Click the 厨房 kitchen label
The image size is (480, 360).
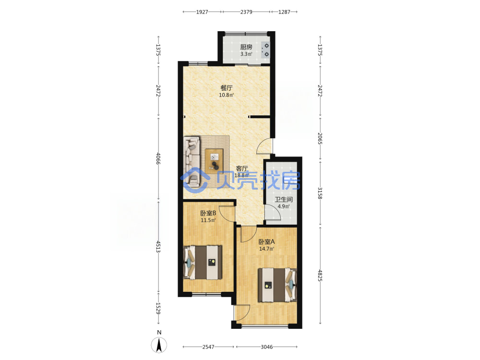pos(246,47)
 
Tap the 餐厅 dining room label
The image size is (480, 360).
pos(227,88)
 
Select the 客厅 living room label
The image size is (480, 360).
pos(242,168)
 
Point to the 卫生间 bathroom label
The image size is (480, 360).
pos(284,200)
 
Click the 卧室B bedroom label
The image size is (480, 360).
pos(208,213)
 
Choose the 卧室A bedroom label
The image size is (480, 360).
pos(266,241)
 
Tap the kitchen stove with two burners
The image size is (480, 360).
pos(265,50)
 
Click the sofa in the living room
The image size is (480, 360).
pos(192,162)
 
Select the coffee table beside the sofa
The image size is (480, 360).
pos(214,159)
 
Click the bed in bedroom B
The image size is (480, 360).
pos(203,263)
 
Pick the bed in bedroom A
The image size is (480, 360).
pos(277,285)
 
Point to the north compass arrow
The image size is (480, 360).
pos(159,345)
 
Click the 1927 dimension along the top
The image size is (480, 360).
pos(202,12)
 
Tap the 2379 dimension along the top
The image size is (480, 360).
pos(246,12)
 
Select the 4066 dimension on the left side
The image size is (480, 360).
pos(158,158)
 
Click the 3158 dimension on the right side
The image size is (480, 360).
pos(320,193)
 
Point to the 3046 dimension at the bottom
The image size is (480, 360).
pos(266,347)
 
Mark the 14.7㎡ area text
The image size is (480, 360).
pos(266,249)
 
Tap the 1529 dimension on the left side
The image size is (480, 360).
pos(158,308)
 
